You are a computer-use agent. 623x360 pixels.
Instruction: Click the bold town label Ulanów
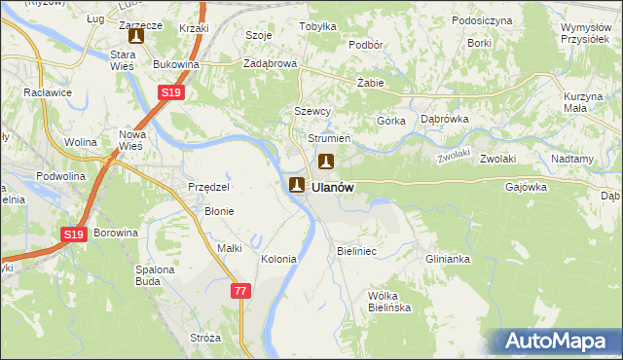tap(333, 187)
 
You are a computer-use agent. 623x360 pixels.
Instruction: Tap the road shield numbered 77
tap(241, 291)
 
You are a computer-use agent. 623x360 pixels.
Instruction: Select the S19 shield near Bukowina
tap(171, 92)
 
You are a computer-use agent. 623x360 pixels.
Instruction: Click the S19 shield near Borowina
tap(75, 234)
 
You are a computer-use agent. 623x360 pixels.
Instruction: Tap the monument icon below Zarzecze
tap(135, 37)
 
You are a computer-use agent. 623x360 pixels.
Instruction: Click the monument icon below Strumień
tap(328, 161)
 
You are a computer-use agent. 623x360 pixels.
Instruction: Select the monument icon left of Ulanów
tap(297, 184)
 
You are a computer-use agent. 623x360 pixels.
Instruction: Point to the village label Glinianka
tap(448, 259)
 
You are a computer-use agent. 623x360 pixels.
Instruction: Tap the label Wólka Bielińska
tap(389, 302)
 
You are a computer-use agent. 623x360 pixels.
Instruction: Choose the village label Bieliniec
tap(356, 251)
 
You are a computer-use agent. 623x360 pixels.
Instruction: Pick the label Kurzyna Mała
tap(584, 103)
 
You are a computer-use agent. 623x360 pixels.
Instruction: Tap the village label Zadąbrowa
tap(270, 64)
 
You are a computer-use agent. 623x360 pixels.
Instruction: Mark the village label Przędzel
tap(208, 187)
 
